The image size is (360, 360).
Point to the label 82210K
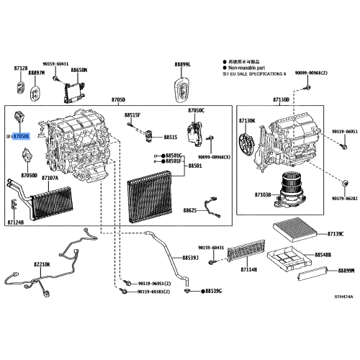click(x=42, y=264)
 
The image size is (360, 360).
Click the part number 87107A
click(x=50, y=177)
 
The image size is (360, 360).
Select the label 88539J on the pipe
click(x=190, y=257)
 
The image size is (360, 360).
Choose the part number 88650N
click(x=78, y=71)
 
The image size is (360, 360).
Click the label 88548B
click(x=323, y=255)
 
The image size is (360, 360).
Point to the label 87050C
click(x=197, y=110)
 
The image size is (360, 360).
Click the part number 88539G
click(x=212, y=291)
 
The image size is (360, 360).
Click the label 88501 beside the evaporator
click(x=195, y=166)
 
